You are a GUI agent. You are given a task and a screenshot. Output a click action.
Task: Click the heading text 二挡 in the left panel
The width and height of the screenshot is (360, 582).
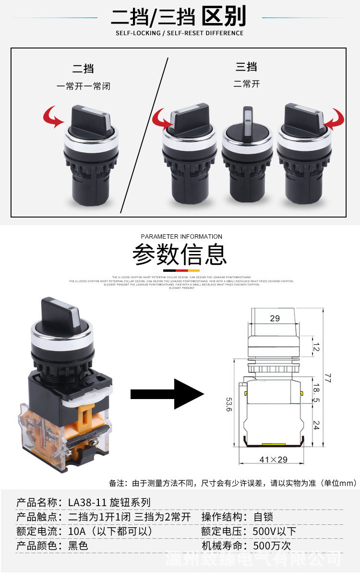pyautogui.click(x=83, y=69)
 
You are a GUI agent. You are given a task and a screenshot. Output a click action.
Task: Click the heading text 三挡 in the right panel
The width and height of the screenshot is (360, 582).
pyautogui.click(x=246, y=67)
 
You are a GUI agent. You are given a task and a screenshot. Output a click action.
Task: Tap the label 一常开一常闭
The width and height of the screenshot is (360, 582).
pyautogui.click(x=84, y=86)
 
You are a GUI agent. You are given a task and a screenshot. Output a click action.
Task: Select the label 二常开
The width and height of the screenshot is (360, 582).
pyautogui.click(x=246, y=84)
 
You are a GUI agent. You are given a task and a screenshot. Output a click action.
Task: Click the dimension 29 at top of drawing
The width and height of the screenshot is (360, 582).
pyautogui.click(x=275, y=318)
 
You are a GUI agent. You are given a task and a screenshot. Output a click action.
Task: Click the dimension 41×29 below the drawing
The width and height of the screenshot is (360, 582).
pyautogui.click(x=273, y=460)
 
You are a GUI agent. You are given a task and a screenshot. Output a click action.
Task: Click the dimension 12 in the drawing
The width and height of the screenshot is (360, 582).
pyautogui.click(x=315, y=346)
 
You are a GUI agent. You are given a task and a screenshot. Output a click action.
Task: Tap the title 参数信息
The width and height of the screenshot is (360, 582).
pyautogui.click(x=180, y=255)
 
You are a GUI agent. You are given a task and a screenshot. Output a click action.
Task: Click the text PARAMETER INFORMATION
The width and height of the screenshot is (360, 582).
pyautogui.click(x=181, y=236)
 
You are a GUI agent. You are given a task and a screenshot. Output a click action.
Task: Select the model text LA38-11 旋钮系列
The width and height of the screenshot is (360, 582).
pyautogui.click(x=109, y=502)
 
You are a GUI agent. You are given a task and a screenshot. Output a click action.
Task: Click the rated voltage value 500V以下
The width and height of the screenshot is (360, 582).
pyautogui.click(x=275, y=531)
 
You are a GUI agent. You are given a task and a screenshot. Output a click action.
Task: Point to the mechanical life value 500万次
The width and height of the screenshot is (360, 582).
pyautogui.click(x=272, y=546)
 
